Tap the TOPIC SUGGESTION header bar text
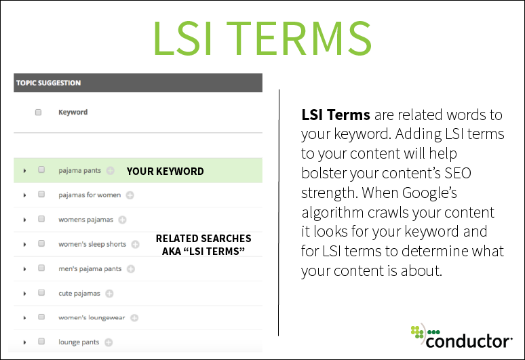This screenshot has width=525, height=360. pos(48,83)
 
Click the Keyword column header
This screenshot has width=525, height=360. pos(73,112)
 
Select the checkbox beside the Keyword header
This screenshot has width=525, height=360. pos(39,113)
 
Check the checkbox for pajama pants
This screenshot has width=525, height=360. pos(41,170)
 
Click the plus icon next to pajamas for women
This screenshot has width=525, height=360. pos(130,195)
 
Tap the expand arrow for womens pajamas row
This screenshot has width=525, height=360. pos(24,220)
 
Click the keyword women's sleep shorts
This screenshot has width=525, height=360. pos(92,244)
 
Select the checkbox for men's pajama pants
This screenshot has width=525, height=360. pos(41,268)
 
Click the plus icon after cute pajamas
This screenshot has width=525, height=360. pos(109,294)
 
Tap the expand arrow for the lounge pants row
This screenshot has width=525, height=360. pos(24,342)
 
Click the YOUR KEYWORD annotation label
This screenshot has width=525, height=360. pos(165,171)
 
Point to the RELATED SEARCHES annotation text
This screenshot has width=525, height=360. pos(203,239)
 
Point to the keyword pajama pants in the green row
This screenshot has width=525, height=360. pos(79,171)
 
